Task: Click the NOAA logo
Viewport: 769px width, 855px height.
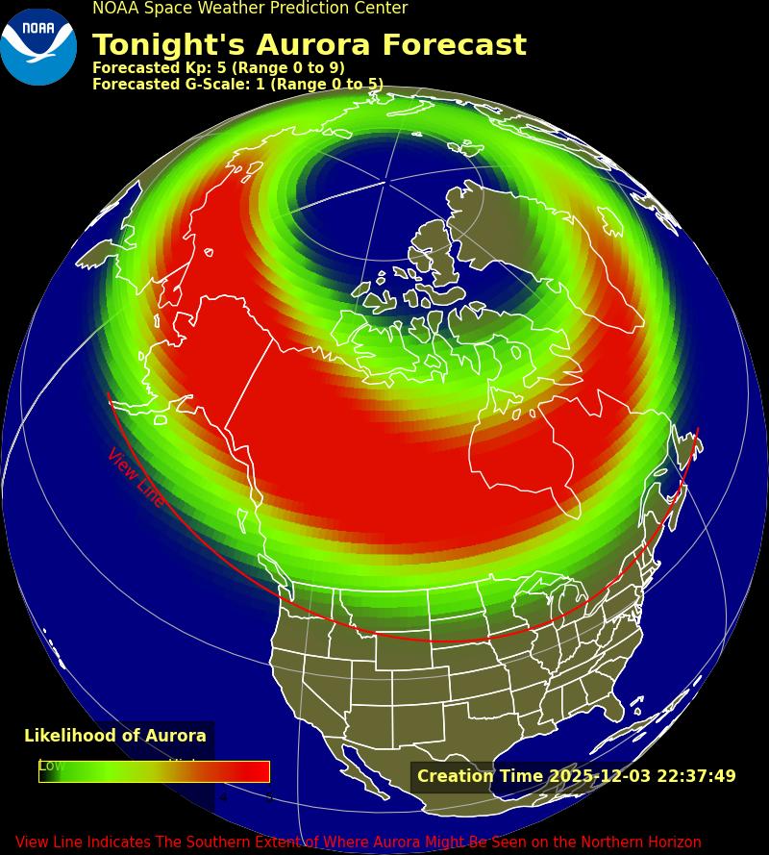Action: (38, 45)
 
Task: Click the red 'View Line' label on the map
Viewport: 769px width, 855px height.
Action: (136, 477)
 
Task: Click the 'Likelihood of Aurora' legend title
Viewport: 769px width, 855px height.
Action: (115, 736)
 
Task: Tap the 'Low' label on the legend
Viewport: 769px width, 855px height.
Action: (52, 766)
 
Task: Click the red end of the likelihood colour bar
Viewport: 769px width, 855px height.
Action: (258, 771)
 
